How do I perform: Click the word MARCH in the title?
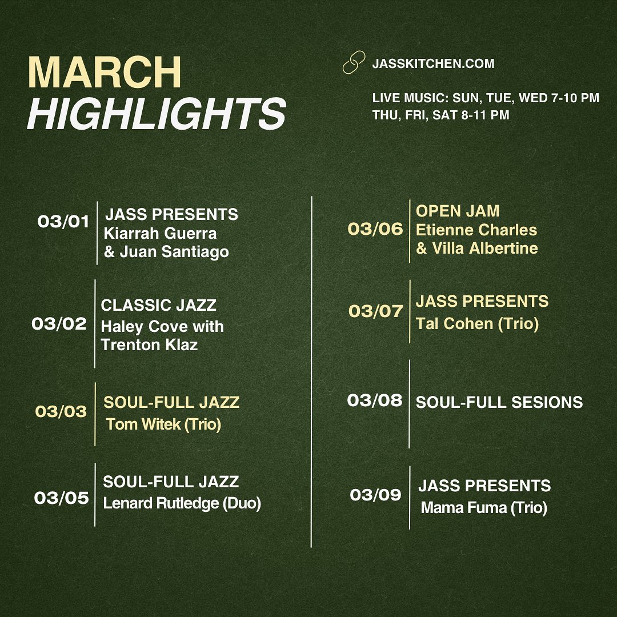105,73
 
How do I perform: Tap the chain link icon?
354,62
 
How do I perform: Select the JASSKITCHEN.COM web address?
433,64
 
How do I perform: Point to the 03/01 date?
63,222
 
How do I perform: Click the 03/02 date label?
59,323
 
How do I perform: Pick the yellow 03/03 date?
61,411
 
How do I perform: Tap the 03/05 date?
61,498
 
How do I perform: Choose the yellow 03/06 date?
375,229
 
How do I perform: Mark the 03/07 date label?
376,311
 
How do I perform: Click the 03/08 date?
375,400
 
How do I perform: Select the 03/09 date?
375,495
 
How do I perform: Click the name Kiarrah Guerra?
160,233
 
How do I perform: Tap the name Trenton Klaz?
149,344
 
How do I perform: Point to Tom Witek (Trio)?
163,424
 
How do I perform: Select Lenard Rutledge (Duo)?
182,503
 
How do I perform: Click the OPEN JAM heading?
458,211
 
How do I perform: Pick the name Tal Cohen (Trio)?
477,324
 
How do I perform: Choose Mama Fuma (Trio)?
484,508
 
